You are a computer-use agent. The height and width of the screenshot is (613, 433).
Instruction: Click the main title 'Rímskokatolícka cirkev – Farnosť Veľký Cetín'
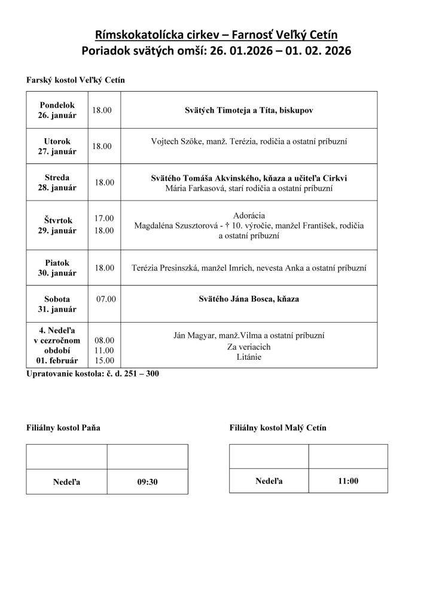click(216, 35)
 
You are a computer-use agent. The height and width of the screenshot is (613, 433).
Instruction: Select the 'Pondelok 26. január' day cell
click(57, 110)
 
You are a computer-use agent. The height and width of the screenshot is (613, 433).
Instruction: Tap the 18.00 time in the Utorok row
click(102, 146)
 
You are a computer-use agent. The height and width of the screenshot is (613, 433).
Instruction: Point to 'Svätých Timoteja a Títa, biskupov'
click(248, 111)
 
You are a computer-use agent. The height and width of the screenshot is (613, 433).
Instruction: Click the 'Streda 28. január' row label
click(57, 183)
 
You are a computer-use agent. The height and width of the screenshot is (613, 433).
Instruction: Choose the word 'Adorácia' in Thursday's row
click(249, 216)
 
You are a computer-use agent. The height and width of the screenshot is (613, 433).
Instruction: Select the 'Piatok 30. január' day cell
click(57, 268)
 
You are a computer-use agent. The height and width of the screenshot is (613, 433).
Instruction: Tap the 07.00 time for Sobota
click(106, 299)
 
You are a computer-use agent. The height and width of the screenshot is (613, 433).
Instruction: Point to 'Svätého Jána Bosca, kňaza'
click(249, 299)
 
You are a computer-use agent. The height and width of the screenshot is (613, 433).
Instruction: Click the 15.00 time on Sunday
click(104, 360)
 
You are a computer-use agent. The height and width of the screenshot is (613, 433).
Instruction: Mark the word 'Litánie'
click(249, 357)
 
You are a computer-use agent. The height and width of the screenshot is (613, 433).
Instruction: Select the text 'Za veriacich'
click(249, 347)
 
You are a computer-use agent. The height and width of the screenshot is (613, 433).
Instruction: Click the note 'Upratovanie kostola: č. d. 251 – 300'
click(93, 374)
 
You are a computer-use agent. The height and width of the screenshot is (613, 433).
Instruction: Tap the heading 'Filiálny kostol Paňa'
click(63, 428)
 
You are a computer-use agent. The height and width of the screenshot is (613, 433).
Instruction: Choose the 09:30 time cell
click(147, 481)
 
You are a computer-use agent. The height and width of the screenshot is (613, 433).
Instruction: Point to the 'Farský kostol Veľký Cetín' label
click(76, 80)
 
